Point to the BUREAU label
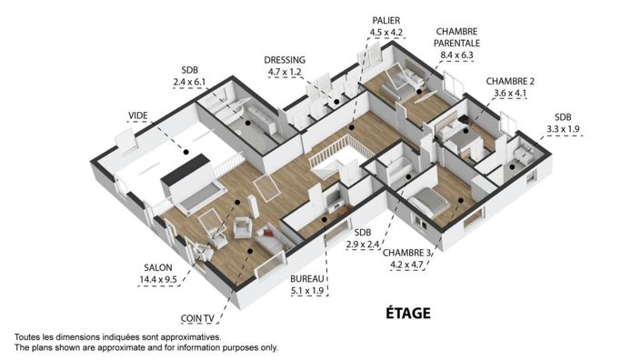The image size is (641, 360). point(307,278)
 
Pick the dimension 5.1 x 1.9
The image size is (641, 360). point(307,291)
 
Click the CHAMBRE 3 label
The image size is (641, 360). point(406,253)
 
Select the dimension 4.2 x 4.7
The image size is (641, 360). point(407,265)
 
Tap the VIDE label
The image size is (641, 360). point(138,115)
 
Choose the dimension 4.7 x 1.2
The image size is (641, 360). point(285,71)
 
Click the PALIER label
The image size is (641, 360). point(386,19)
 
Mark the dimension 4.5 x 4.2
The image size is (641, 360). point(386,32)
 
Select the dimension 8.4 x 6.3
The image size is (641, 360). point(458,55)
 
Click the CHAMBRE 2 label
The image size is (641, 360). point(510,80)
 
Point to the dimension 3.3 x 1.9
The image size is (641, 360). point(563,129)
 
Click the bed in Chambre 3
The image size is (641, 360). point(427,202)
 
